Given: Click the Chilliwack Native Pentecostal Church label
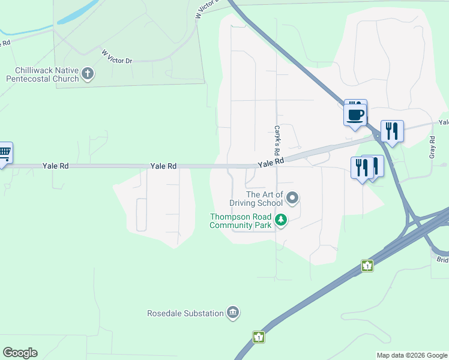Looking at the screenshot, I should click(43, 74).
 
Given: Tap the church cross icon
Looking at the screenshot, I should click(88, 74).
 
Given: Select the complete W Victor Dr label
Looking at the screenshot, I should click(116, 58).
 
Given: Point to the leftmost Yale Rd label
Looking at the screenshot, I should click(55, 166).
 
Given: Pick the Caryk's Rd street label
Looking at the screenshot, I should click(278, 138).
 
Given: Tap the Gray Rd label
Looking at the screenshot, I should click(432, 148).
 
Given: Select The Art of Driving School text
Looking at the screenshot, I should click(265, 199).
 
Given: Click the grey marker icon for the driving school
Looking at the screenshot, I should click(292, 197).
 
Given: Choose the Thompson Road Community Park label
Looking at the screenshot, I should click(240, 221).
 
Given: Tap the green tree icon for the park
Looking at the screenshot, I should click(280, 221).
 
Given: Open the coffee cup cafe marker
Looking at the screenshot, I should click(355, 113).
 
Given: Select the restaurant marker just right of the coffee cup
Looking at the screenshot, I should click(392, 131).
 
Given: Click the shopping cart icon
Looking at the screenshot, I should click(4, 154).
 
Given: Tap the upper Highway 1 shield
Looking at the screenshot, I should click(367, 266).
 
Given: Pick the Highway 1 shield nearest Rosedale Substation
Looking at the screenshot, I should click(258, 337).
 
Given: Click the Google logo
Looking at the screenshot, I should click(20, 353).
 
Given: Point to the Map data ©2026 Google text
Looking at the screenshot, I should click(412, 355).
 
